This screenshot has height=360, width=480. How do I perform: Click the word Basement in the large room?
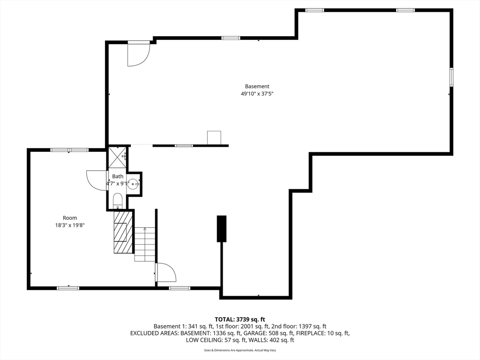pyautogui.click(x=257, y=86)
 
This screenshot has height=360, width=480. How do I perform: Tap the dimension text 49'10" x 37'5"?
pyautogui.click(x=257, y=94)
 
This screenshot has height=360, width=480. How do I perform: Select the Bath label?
pyautogui.click(x=117, y=176)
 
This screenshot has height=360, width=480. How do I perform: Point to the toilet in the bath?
pyautogui.click(x=117, y=200)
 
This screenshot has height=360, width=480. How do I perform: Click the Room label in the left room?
pyautogui.click(x=70, y=217)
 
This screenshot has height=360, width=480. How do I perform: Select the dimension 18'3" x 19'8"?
pyautogui.click(x=70, y=225)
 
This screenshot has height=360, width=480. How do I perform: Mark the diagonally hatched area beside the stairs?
pyautogui.click(x=123, y=232)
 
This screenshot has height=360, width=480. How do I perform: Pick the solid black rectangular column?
pyautogui.click(x=221, y=228)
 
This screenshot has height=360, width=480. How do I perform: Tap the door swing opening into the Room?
pyautogui.click(x=97, y=180)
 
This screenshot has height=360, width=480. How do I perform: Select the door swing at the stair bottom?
pyautogui.click(x=165, y=272)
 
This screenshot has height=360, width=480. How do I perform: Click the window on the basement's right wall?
pyautogui.click(x=451, y=77)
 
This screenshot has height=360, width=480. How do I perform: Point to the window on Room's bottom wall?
pyautogui.click(x=68, y=288)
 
